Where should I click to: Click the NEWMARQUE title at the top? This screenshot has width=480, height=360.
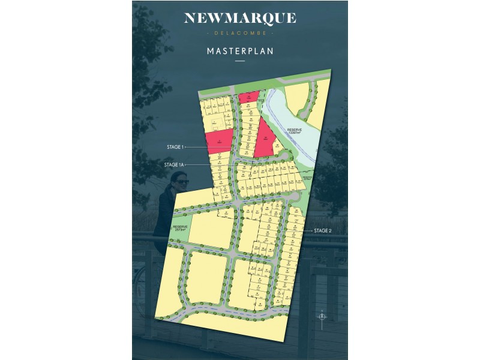click(x=239, y=18)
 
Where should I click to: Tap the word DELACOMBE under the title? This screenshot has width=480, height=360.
click(x=239, y=33)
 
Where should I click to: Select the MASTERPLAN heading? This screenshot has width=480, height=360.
click(x=239, y=51)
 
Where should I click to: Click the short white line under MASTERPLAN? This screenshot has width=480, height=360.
click(x=239, y=61)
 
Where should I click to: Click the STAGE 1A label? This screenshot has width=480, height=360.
click(x=175, y=164)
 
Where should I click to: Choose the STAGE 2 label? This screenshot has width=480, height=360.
click(x=322, y=230)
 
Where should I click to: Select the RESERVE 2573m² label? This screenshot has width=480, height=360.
click(x=179, y=229)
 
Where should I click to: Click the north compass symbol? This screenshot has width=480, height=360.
click(x=322, y=316)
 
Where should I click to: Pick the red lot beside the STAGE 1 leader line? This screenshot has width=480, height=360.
click(x=219, y=140)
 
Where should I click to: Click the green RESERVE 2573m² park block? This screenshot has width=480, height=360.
click(x=180, y=231)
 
